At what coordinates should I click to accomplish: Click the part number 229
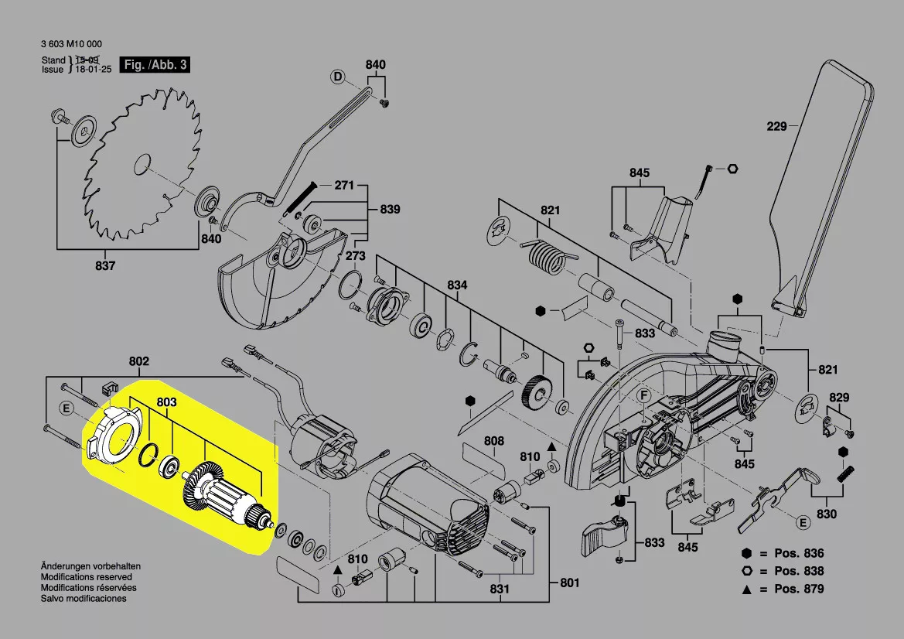[x=776, y=126]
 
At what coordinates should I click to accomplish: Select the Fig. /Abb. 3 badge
[x=155, y=65]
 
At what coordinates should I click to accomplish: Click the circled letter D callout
[x=337, y=76]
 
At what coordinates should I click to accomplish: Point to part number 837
[x=105, y=266]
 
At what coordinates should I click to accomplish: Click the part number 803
[x=167, y=402]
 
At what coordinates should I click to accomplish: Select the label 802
[x=139, y=361]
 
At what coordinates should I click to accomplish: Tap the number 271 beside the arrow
[x=343, y=186]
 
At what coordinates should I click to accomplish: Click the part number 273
[x=356, y=256]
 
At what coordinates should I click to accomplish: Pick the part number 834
[x=457, y=285]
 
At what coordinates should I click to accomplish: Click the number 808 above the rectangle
[x=494, y=442]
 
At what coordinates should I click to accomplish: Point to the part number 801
[x=569, y=583]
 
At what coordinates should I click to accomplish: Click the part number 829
[x=839, y=398]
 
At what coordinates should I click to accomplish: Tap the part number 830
[x=827, y=514]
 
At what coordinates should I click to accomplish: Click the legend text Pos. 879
[x=800, y=589]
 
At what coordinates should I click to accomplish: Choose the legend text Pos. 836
[x=800, y=553]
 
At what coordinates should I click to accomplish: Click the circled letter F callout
[x=641, y=398]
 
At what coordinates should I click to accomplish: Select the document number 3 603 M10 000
[x=71, y=45]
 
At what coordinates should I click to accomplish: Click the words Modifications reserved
[x=86, y=577]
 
